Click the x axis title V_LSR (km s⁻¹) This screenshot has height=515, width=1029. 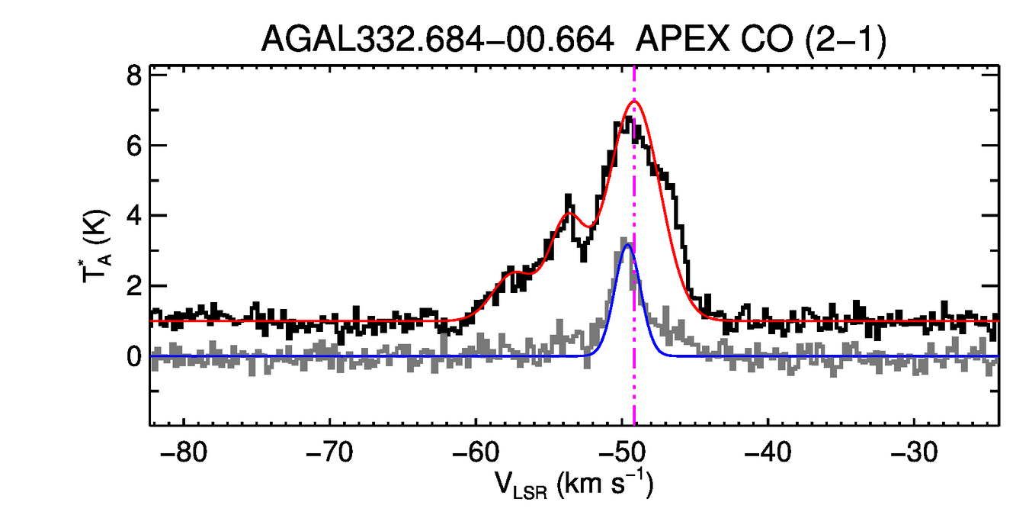click(573, 483)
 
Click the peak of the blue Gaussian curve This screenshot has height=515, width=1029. click(627, 245)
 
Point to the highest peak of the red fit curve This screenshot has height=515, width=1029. click(633, 101)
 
